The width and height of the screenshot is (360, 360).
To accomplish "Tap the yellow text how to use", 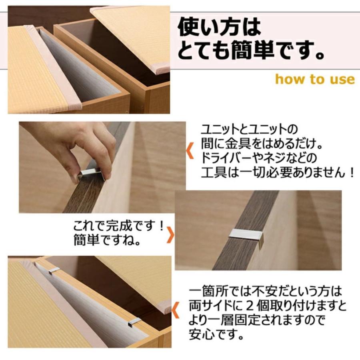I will [x=315, y=79].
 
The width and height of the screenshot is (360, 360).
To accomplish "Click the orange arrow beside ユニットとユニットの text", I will [x=191, y=151].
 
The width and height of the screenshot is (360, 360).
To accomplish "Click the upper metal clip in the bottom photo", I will [x=54, y=270].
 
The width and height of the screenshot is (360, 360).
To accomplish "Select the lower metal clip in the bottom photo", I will [x=135, y=321].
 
